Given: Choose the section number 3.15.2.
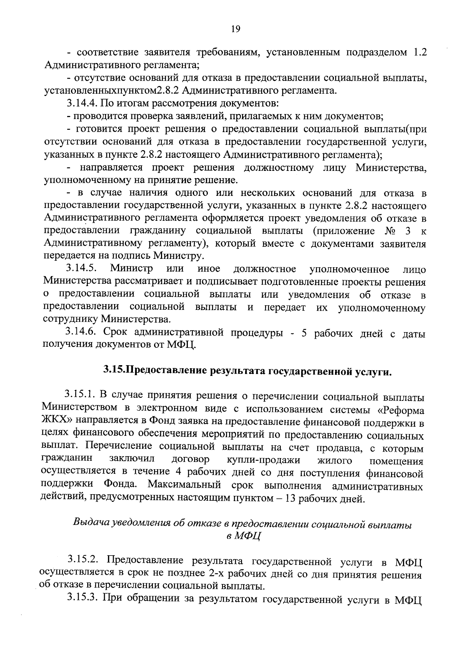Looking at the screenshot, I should [x=84, y=560].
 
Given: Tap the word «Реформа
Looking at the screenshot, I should [x=400, y=410].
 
